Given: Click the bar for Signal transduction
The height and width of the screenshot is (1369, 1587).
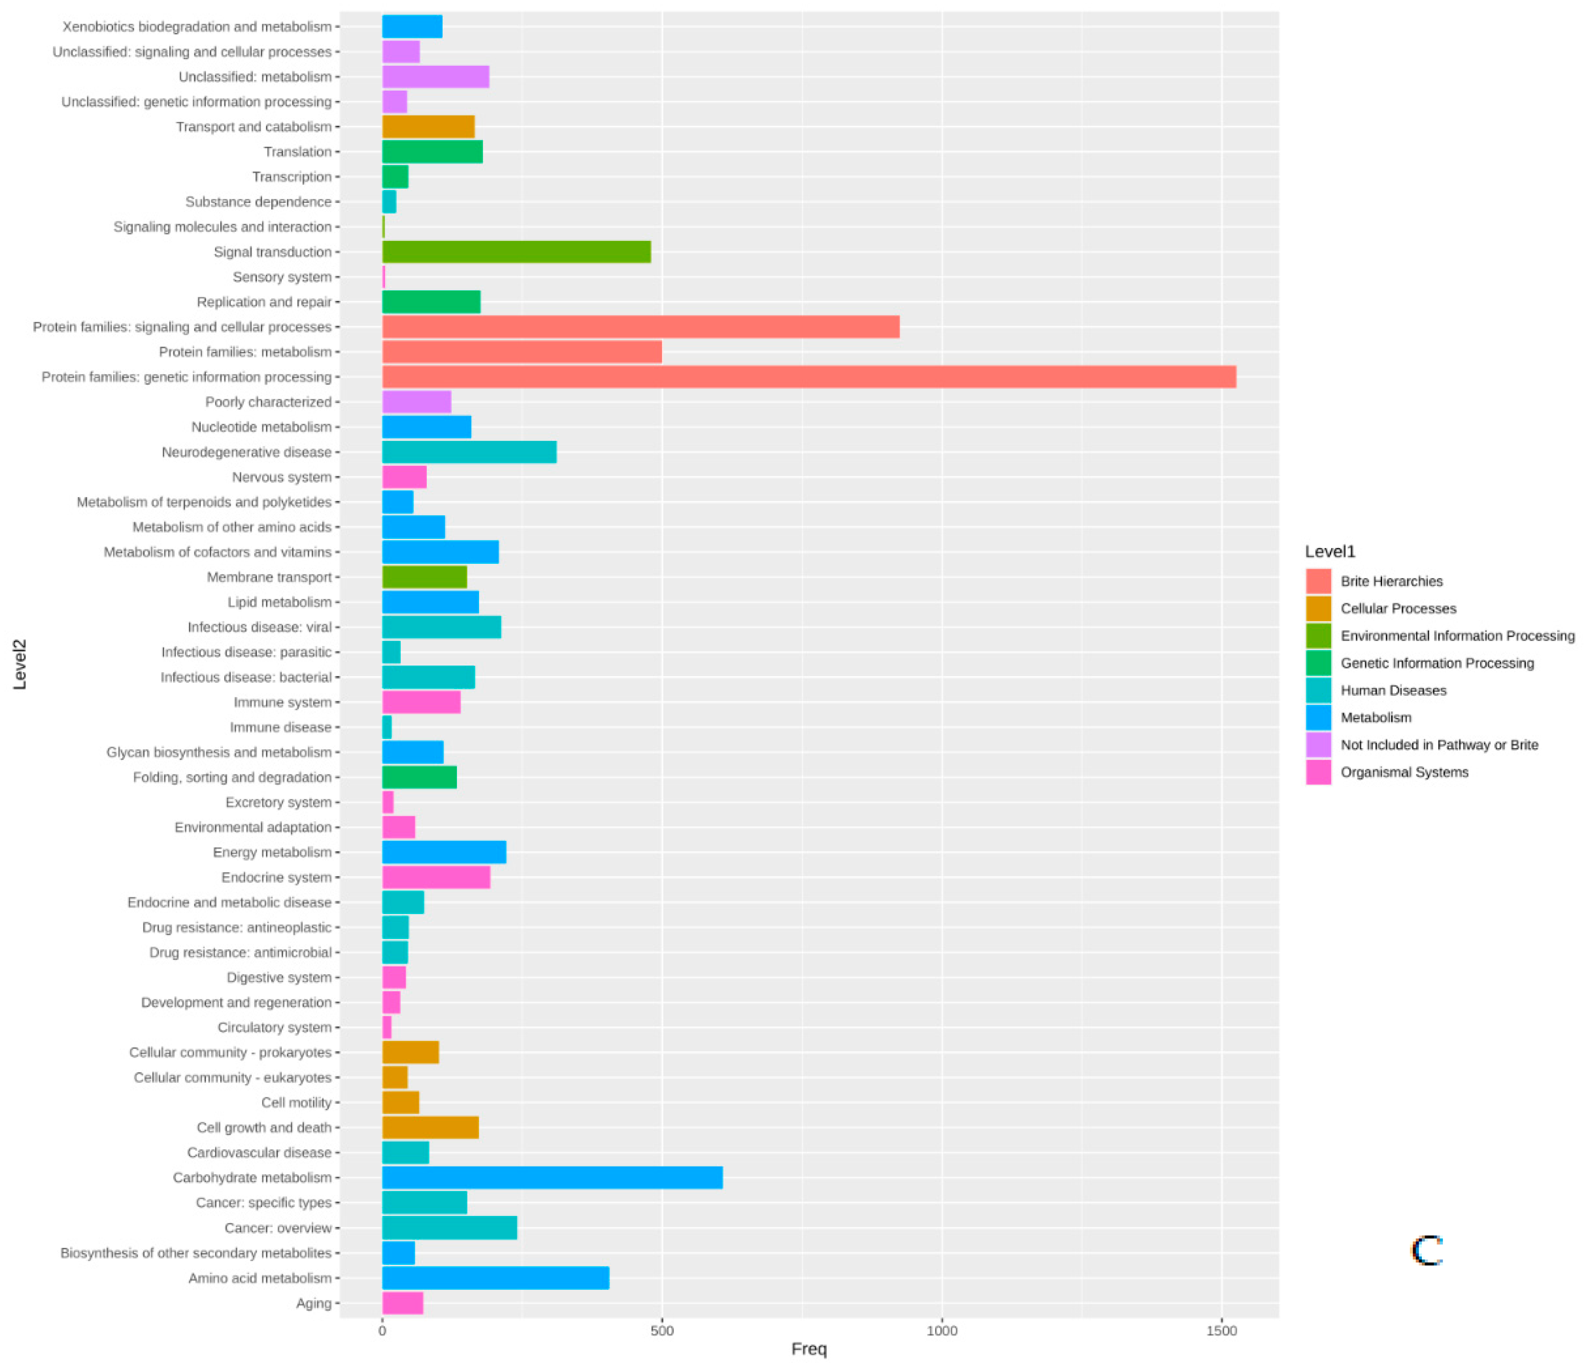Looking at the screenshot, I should coord(516,252).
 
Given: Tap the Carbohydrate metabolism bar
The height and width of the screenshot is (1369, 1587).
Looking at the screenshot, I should coord(552,1178).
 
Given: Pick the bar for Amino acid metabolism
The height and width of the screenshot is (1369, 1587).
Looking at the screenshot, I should coord(495,1278).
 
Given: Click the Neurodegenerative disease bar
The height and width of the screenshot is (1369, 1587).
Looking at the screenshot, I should coord(469,452).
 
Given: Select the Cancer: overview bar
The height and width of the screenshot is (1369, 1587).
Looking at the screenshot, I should coord(449,1228).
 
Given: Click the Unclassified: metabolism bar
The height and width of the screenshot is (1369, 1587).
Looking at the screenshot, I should coord(435,77).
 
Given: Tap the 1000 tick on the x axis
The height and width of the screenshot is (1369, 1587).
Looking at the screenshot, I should coord(941,1331).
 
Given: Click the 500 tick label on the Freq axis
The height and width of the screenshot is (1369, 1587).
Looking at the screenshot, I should coord(662,1331).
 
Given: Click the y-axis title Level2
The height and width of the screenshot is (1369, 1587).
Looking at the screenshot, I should coord(20,665).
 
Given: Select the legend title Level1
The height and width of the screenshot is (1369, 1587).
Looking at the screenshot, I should coord(1330,551).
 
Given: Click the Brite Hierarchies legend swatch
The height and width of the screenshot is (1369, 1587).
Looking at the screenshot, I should coord(1318,581).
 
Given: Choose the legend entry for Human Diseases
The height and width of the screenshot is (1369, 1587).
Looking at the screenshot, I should coord(1393,690).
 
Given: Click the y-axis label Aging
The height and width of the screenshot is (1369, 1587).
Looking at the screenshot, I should coord(313,1303).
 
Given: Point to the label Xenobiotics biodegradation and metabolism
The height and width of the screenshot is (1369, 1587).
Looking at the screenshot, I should coord(197,27).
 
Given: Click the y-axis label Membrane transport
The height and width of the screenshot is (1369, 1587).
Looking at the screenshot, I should coord(269,577).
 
